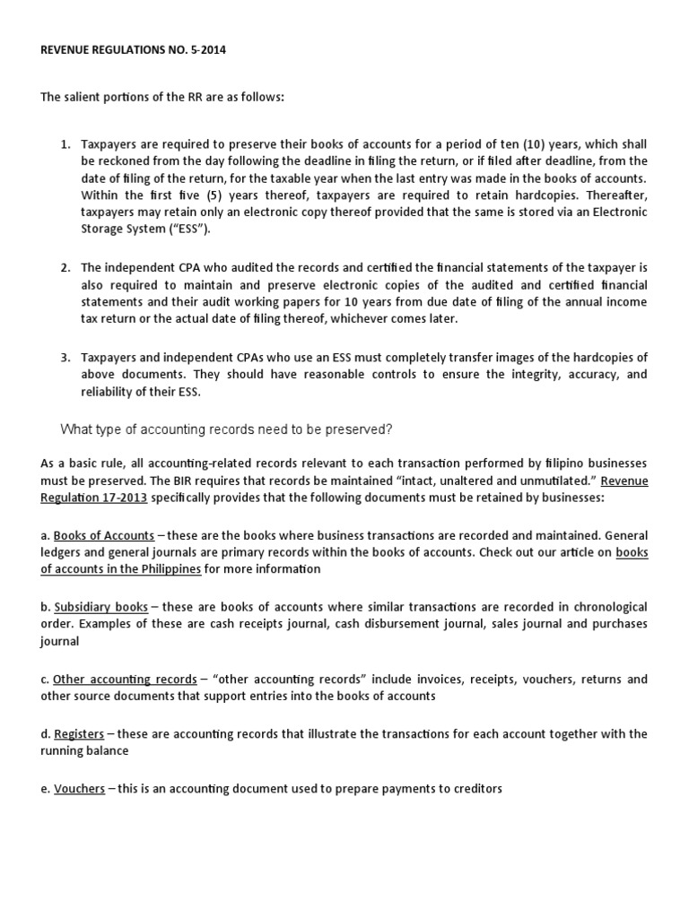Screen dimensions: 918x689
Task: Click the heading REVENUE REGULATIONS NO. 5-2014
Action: pos(134,51)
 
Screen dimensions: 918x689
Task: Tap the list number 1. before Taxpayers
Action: pos(65,144)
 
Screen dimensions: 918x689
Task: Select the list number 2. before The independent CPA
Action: pos(65,268)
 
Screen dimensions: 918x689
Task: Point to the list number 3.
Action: pos(65,357)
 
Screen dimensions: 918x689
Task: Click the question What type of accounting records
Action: pos(226,429)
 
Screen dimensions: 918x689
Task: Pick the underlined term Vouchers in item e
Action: pos(79,790)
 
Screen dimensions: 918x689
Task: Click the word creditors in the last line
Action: pos(475,790)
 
